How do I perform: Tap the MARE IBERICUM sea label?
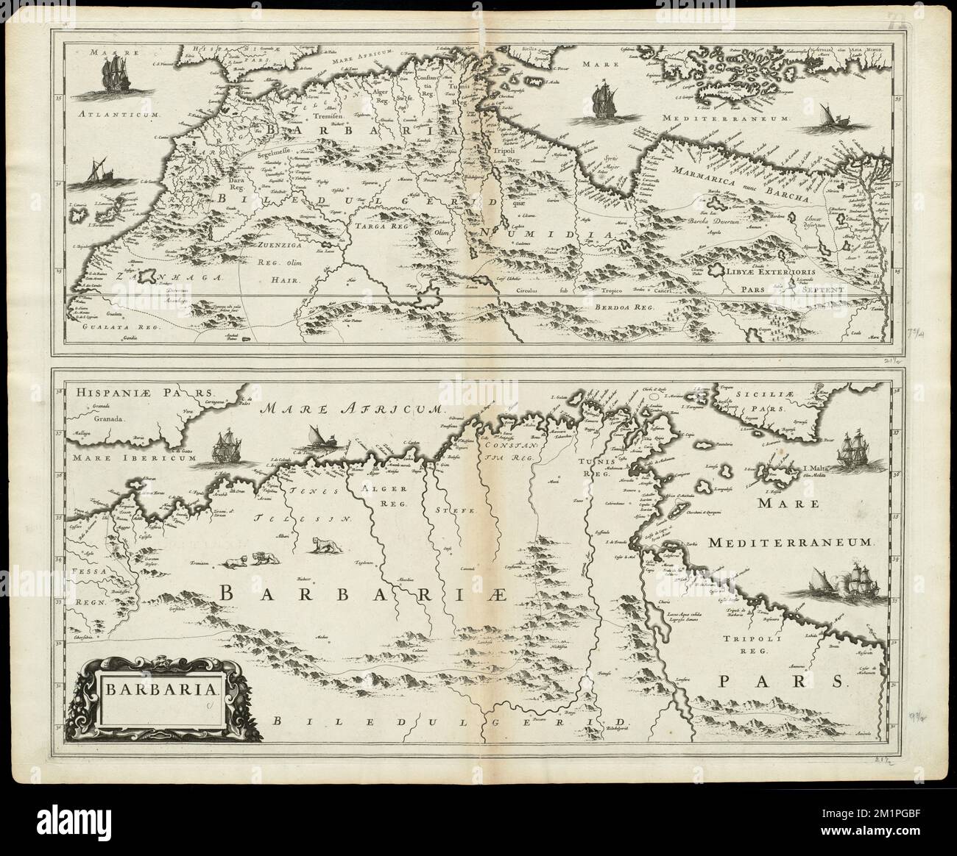click(x=133, y=457)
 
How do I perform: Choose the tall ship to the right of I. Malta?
click(x=855, y=452)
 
